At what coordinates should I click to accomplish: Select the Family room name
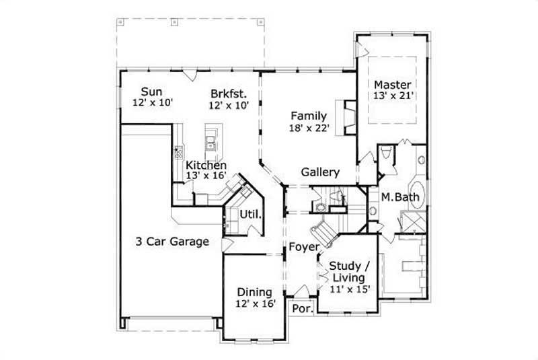(309, 115)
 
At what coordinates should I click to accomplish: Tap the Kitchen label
(206, 165)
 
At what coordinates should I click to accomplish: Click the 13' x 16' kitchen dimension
(206, 176)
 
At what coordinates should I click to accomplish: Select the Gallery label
(320, 172)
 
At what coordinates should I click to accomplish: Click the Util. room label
(250, 215)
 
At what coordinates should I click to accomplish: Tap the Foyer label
(303, 248)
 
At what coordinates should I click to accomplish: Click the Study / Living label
(348, 271)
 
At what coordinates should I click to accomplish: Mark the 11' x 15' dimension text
(348, 289)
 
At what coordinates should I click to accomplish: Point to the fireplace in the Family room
(349, 116)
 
